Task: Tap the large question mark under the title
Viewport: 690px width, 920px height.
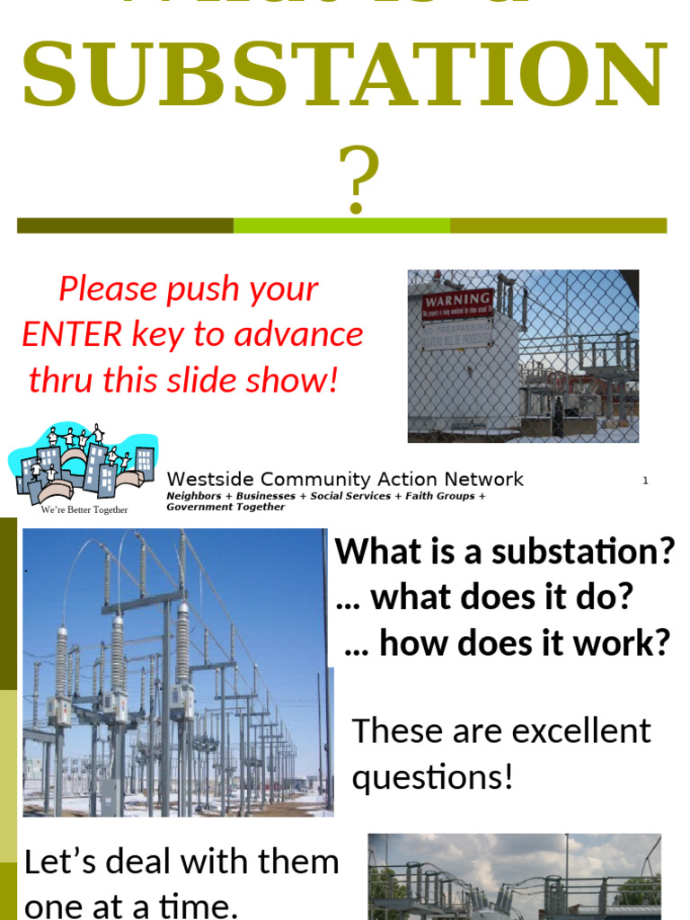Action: point(357,182)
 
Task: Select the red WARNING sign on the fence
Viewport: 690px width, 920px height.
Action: point(458,303)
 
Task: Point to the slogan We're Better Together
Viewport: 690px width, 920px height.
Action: point(84,510)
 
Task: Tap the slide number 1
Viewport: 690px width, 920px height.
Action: point(645,481)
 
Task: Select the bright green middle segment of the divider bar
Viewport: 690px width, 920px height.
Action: point(341,226)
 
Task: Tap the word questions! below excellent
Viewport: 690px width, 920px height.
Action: point(432,776)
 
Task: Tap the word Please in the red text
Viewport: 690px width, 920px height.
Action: point(109,289)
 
